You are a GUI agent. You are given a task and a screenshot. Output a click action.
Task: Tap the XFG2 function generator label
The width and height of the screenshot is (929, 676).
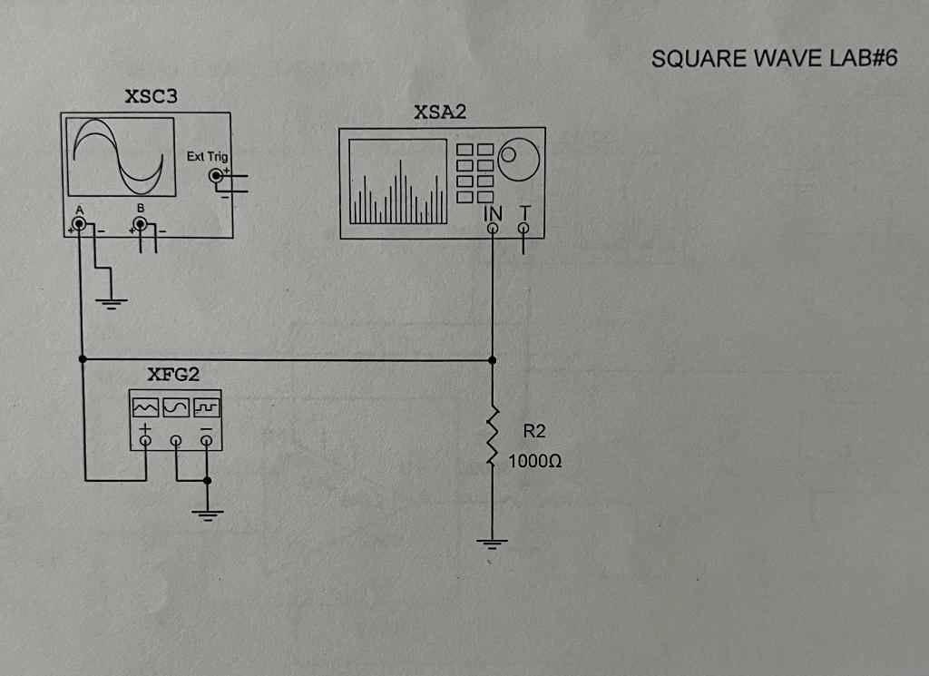click(x=172, y=375)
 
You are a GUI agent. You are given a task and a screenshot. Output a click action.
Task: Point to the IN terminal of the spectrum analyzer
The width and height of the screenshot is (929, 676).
click(x=493, y=229)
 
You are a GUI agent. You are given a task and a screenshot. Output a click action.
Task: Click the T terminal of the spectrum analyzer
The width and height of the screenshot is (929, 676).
click(x=523, y=229)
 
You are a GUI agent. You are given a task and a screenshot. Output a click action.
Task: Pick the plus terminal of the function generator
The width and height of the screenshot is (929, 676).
click(x=146, y=441)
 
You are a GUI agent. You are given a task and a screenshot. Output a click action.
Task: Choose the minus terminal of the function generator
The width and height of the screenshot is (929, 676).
click(x=208, y=441)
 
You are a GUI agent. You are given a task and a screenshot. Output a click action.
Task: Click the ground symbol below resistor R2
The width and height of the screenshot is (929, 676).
click(x=493, y=544)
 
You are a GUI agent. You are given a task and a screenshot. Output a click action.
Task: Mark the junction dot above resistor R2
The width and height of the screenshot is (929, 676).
click(x=493, y=360)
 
